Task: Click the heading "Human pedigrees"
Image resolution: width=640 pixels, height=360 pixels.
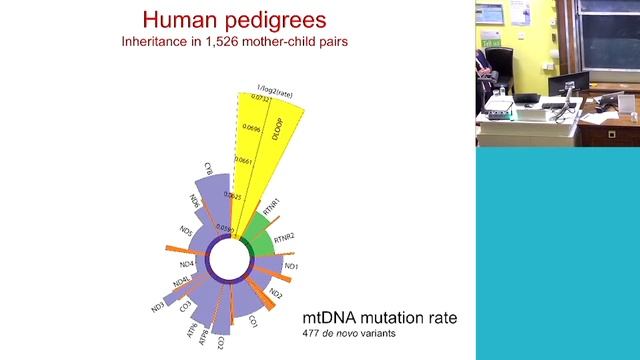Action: pos(237,19)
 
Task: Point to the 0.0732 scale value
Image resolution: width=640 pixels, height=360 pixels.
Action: pos(247,101)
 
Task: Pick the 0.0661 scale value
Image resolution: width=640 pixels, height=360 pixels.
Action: pos(241,160)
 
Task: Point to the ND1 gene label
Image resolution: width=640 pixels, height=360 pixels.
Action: pos(292,267)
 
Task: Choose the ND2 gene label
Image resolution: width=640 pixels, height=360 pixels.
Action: pos(277,296)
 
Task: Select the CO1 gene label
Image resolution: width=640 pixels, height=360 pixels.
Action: pos(253,322)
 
